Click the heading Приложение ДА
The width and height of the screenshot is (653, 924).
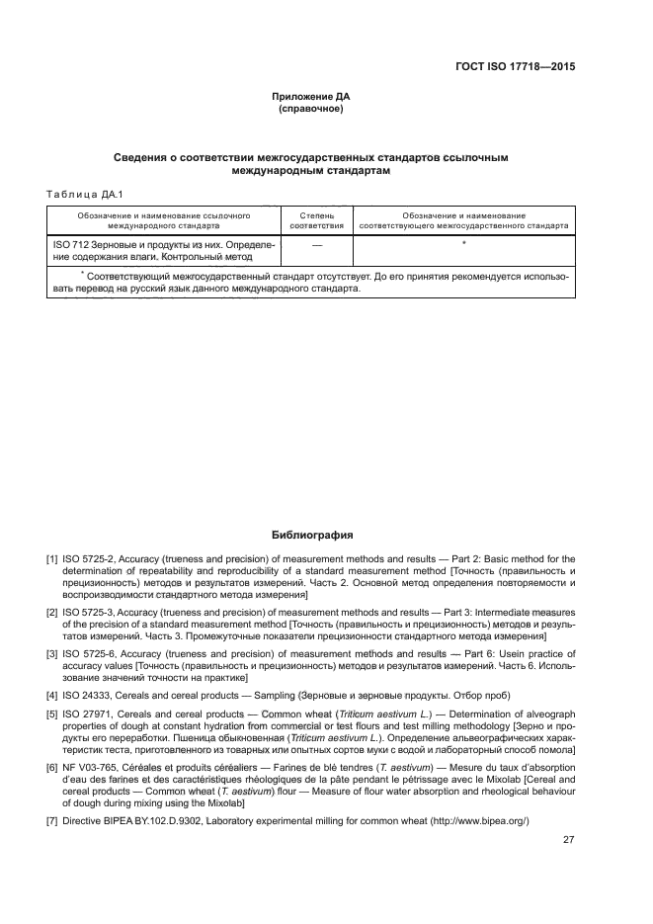[311, 97]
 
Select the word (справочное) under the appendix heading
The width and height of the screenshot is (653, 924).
[311, 109]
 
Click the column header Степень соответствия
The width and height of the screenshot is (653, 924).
[317, 219]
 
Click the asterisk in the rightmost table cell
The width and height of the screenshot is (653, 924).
[463, 242]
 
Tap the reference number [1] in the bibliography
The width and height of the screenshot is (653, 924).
[52, 559]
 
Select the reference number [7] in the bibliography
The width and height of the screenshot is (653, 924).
[52, 822]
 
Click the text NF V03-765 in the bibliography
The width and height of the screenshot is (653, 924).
[92, 768]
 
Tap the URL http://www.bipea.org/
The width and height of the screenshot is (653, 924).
[475, 822]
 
